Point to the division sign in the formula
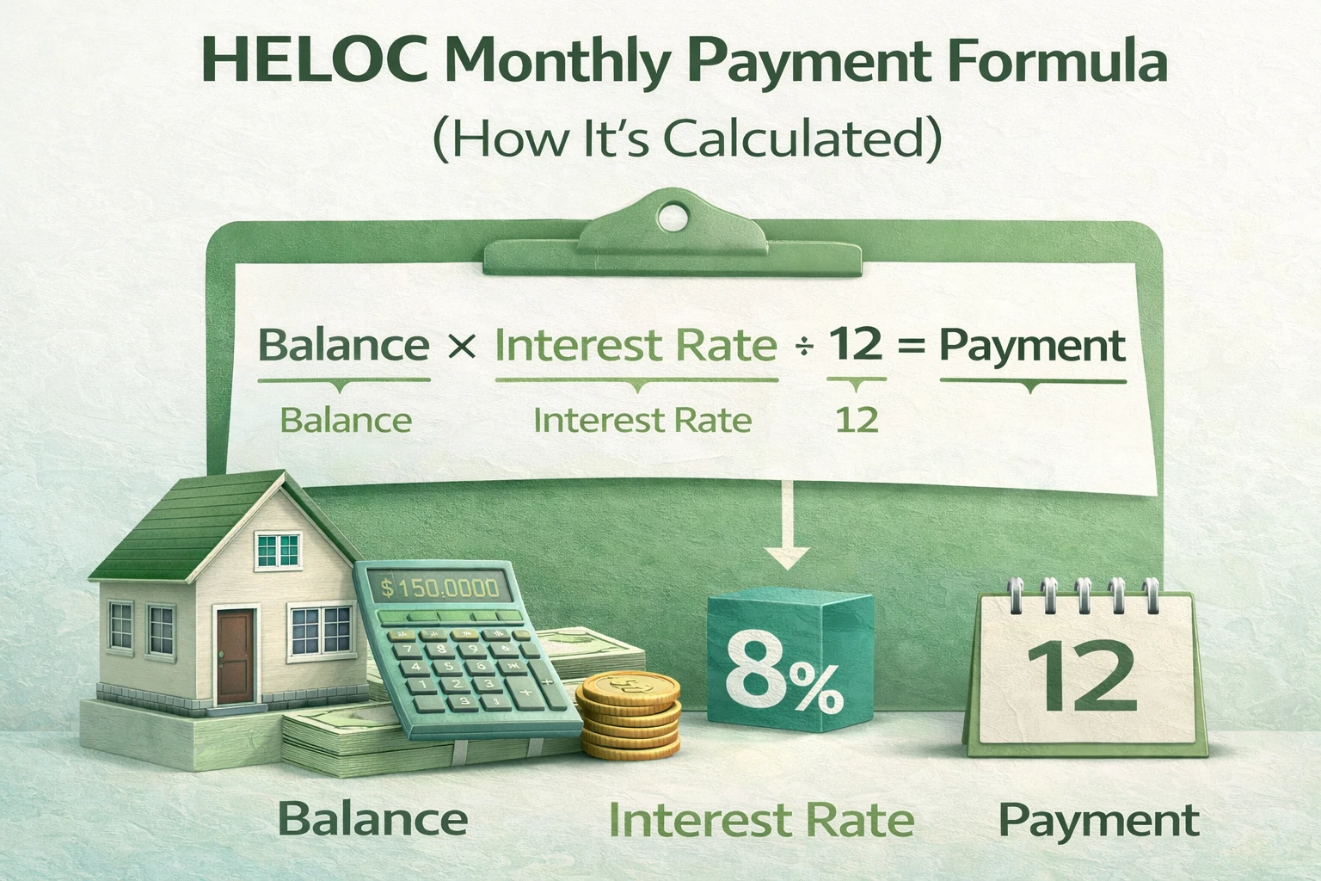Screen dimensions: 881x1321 [x=803, y=348]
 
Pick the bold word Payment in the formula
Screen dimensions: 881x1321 [x=1031, y=346]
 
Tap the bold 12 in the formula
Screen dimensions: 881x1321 [x=856, y=344]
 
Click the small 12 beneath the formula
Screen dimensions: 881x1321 [x=857, y=421]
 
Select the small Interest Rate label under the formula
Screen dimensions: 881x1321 [x=642, y=421]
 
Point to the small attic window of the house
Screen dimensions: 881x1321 [x=279, y=549]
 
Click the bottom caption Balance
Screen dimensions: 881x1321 [x=373, y=819]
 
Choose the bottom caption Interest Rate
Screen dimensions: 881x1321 [x=761, y=820]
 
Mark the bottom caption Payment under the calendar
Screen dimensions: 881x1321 [x=1098, y=821]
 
